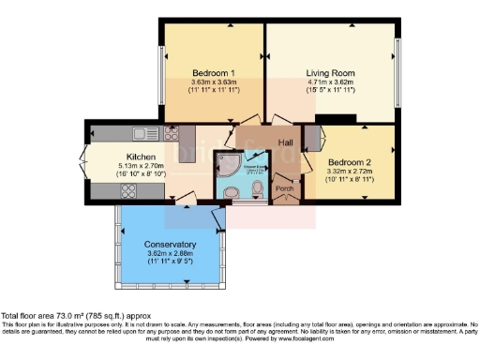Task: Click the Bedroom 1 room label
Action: tap(214, 73)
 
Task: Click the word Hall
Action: tap(260, 142)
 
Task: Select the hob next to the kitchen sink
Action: tap(172, 132)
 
